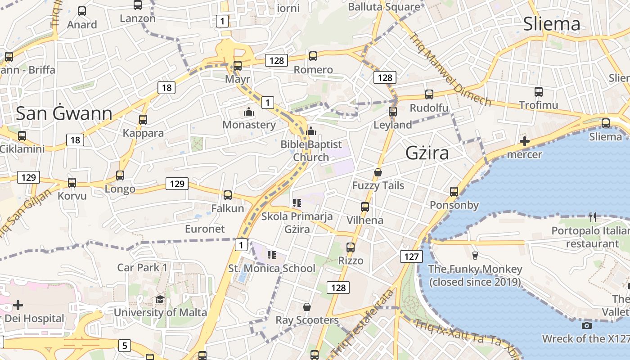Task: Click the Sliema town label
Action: coord(551,24)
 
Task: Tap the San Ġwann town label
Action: coord(64,114)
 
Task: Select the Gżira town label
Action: coord(427,153)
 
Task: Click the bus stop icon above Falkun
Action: coord(228,195)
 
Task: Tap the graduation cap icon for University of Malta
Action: coord(160,300)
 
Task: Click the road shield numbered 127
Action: coord(411,257)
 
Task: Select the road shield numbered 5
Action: coord(125,346)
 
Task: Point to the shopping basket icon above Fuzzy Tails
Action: coord(378,172)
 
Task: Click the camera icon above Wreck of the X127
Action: coord(586,325)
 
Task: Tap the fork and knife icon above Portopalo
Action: coord(593,217)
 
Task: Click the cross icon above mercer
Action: coord(524,141)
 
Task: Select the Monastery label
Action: coord(249,125)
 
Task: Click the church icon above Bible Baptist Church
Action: coord(310,131)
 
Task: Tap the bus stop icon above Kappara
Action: coord(143,120)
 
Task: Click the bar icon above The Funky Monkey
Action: coord(475,256)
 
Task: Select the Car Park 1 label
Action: coord(142,267)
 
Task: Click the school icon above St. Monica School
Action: coord(271,255)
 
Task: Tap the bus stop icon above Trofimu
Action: coord(539,92)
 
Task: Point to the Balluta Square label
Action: coord(384,7)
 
